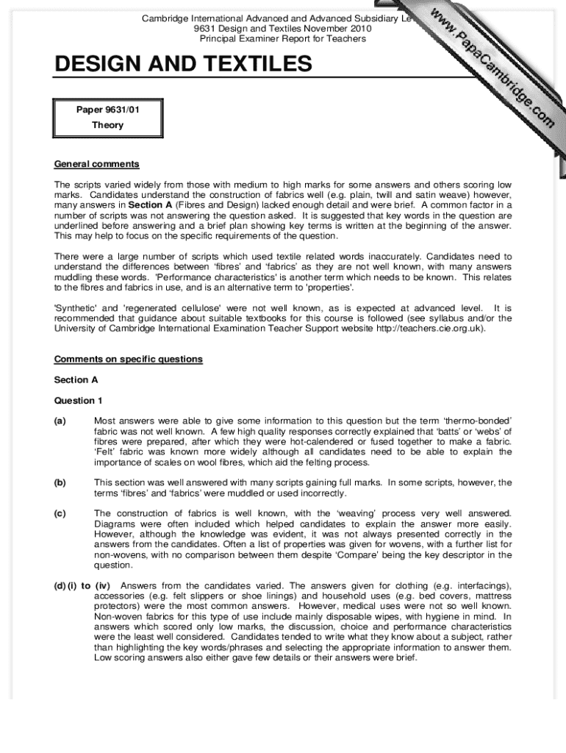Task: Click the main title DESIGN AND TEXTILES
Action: tap(183, 65)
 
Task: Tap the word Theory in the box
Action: tap(107, 125)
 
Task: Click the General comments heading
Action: tap(96, 164)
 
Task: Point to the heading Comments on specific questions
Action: tap(128, 360)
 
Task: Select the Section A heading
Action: tap(76, 380)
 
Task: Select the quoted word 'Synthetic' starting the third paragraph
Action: tap(76, 308)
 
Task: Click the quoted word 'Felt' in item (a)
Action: tap(107, 452)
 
